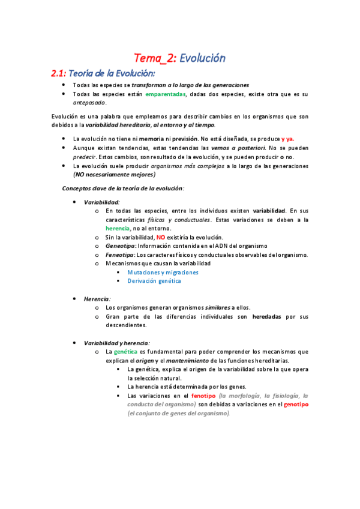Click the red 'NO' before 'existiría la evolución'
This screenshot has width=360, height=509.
160,237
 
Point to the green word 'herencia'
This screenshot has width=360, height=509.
118,228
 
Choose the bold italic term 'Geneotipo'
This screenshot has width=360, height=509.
120,246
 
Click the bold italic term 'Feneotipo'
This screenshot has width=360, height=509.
120,254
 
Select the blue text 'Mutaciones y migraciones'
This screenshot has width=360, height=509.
163,272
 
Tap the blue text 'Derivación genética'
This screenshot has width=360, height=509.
154,280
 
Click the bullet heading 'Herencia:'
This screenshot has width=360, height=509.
97,298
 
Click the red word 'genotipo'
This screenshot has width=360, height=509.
296,405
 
